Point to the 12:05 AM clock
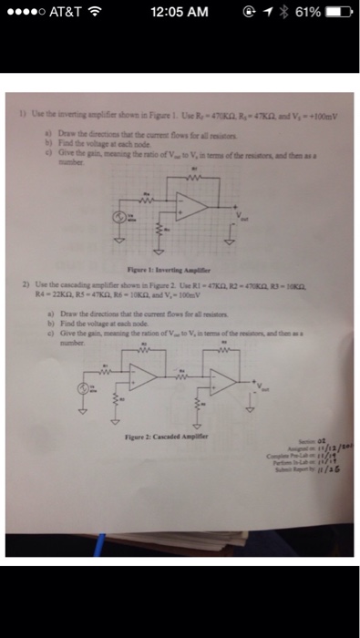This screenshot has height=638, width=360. pyautogui.click(x=180, y=12)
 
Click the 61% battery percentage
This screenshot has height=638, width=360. pyautogui.click(x=307, y=12)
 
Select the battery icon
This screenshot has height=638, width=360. pyautogui.click(x=338, y=12)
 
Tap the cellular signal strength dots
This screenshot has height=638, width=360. pyautogui.click(x=24, y=12)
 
